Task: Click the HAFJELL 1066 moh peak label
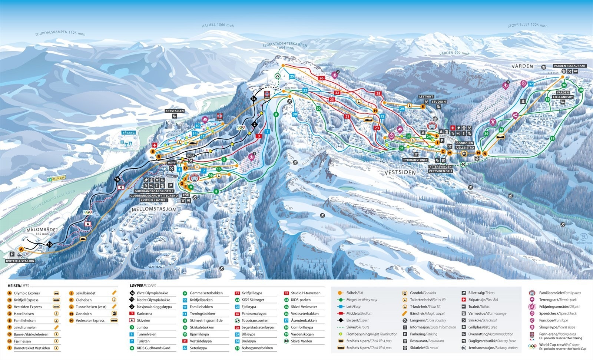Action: tap(218, 25)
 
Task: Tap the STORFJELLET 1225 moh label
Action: tap(527, 25)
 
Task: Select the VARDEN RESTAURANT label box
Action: tap(569, 66)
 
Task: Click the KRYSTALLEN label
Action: tap(175, 111)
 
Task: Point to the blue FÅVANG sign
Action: tap(129, 132)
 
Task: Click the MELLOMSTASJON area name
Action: tap(153, 209)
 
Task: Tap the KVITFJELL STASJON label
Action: tap(20, 261)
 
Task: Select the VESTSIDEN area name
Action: tap(400, 172)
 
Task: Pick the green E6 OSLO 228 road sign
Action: tap(56, 179)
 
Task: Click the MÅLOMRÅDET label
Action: tap(42, 230)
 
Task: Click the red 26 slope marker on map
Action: tap(321, 78)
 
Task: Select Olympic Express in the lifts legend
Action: tap(27, 293)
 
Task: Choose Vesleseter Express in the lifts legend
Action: tap(90, 321)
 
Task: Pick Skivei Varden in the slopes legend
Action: tap(301, 341)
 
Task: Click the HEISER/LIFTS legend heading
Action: tap(18, 286)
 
